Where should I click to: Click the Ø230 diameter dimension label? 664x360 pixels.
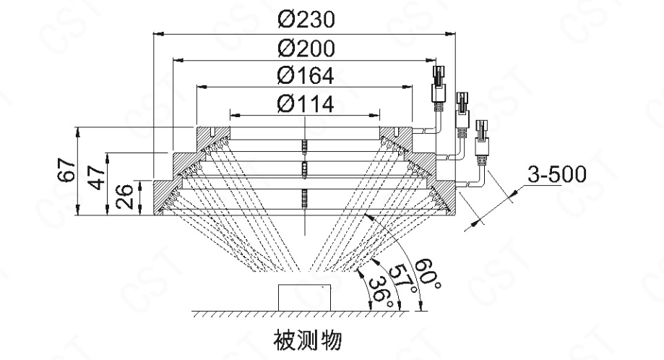(304, 19)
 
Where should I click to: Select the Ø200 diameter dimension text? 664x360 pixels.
(304, 48)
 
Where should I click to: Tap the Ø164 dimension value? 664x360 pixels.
(304, 76)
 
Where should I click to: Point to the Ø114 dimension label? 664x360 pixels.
(304, 104)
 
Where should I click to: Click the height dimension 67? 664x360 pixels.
(68, 171)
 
